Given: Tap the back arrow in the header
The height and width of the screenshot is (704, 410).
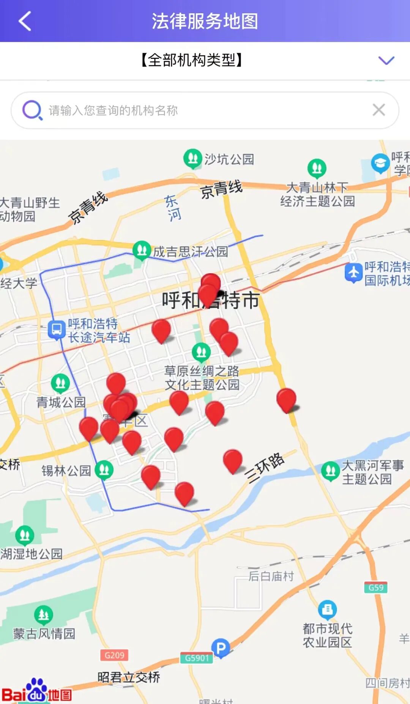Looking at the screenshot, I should [25, 21].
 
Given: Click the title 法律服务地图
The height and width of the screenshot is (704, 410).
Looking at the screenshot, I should [205, 21].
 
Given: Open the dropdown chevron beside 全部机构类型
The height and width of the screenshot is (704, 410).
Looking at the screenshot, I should [386, 60].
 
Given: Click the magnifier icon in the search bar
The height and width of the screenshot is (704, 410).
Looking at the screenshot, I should [32, 110].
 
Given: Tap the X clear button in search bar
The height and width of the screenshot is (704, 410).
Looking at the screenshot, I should [378, 110].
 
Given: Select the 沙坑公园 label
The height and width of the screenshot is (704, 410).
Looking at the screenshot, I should [229, 159].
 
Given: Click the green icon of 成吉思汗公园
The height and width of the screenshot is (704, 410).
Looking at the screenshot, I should [142, 250].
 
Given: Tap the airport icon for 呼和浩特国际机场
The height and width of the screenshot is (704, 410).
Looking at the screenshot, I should [353, 272].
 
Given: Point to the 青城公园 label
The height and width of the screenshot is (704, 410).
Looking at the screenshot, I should [61, 402].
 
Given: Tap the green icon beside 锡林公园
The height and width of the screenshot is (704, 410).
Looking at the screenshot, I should [104, 470].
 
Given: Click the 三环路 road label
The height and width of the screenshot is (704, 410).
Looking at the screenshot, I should [265, 468].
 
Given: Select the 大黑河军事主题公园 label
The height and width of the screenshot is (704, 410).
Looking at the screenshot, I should [372, 472].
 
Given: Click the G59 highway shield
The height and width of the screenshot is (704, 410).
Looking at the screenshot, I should [376, 587].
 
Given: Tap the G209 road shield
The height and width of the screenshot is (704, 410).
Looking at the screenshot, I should [114, 655].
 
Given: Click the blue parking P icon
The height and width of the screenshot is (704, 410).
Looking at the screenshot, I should [221, 647].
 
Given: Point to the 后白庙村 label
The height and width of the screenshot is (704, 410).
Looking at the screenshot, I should [271, 576].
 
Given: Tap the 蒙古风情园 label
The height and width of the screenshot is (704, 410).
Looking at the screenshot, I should [44, 633].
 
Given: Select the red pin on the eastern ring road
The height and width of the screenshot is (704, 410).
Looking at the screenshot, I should [286, 399].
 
